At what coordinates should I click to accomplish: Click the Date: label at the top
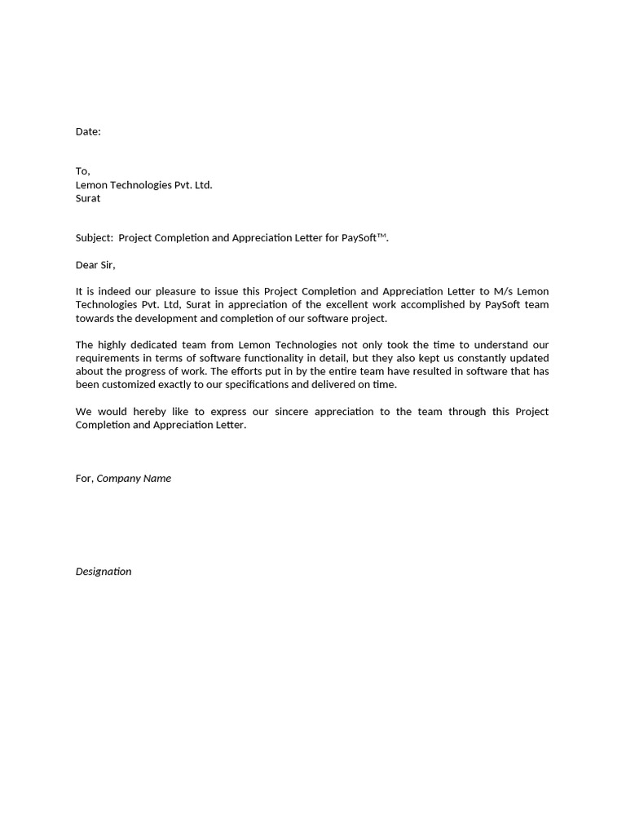click(x=88, y=131)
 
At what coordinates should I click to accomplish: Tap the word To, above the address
click(x=82, y=171)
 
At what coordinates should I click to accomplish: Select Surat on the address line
click(x=88, y=198)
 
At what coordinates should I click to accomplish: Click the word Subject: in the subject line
click(x=95, y=238)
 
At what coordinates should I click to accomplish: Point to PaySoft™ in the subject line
click(x=364, y=238)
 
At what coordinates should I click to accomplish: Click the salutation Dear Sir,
click(x=95, y=265)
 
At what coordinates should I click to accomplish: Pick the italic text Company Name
click(x=134, y=479)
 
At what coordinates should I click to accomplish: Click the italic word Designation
click(x=104, y=572)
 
